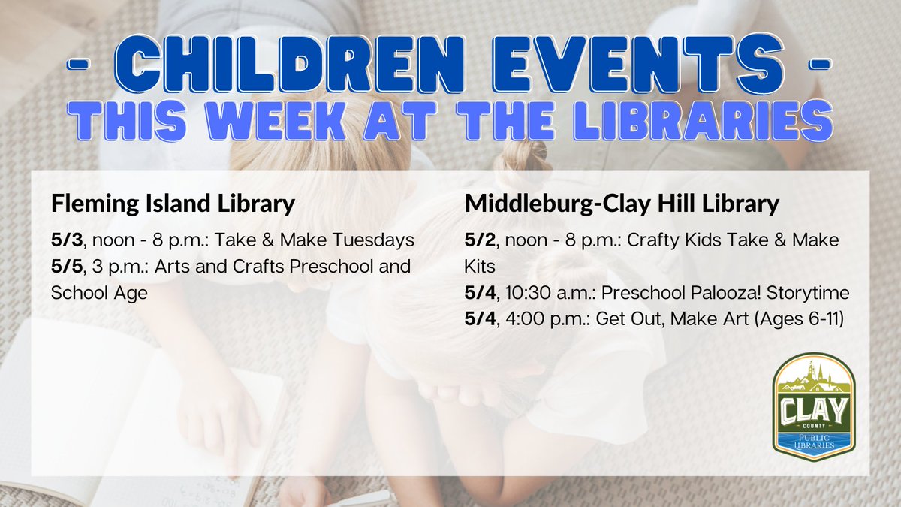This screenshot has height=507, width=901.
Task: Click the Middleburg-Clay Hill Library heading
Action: point(622,204)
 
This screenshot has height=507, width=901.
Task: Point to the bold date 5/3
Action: point(65,241)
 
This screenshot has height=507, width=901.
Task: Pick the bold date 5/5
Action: point(65,267)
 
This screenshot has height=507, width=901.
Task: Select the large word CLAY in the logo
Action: point(813,412)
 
